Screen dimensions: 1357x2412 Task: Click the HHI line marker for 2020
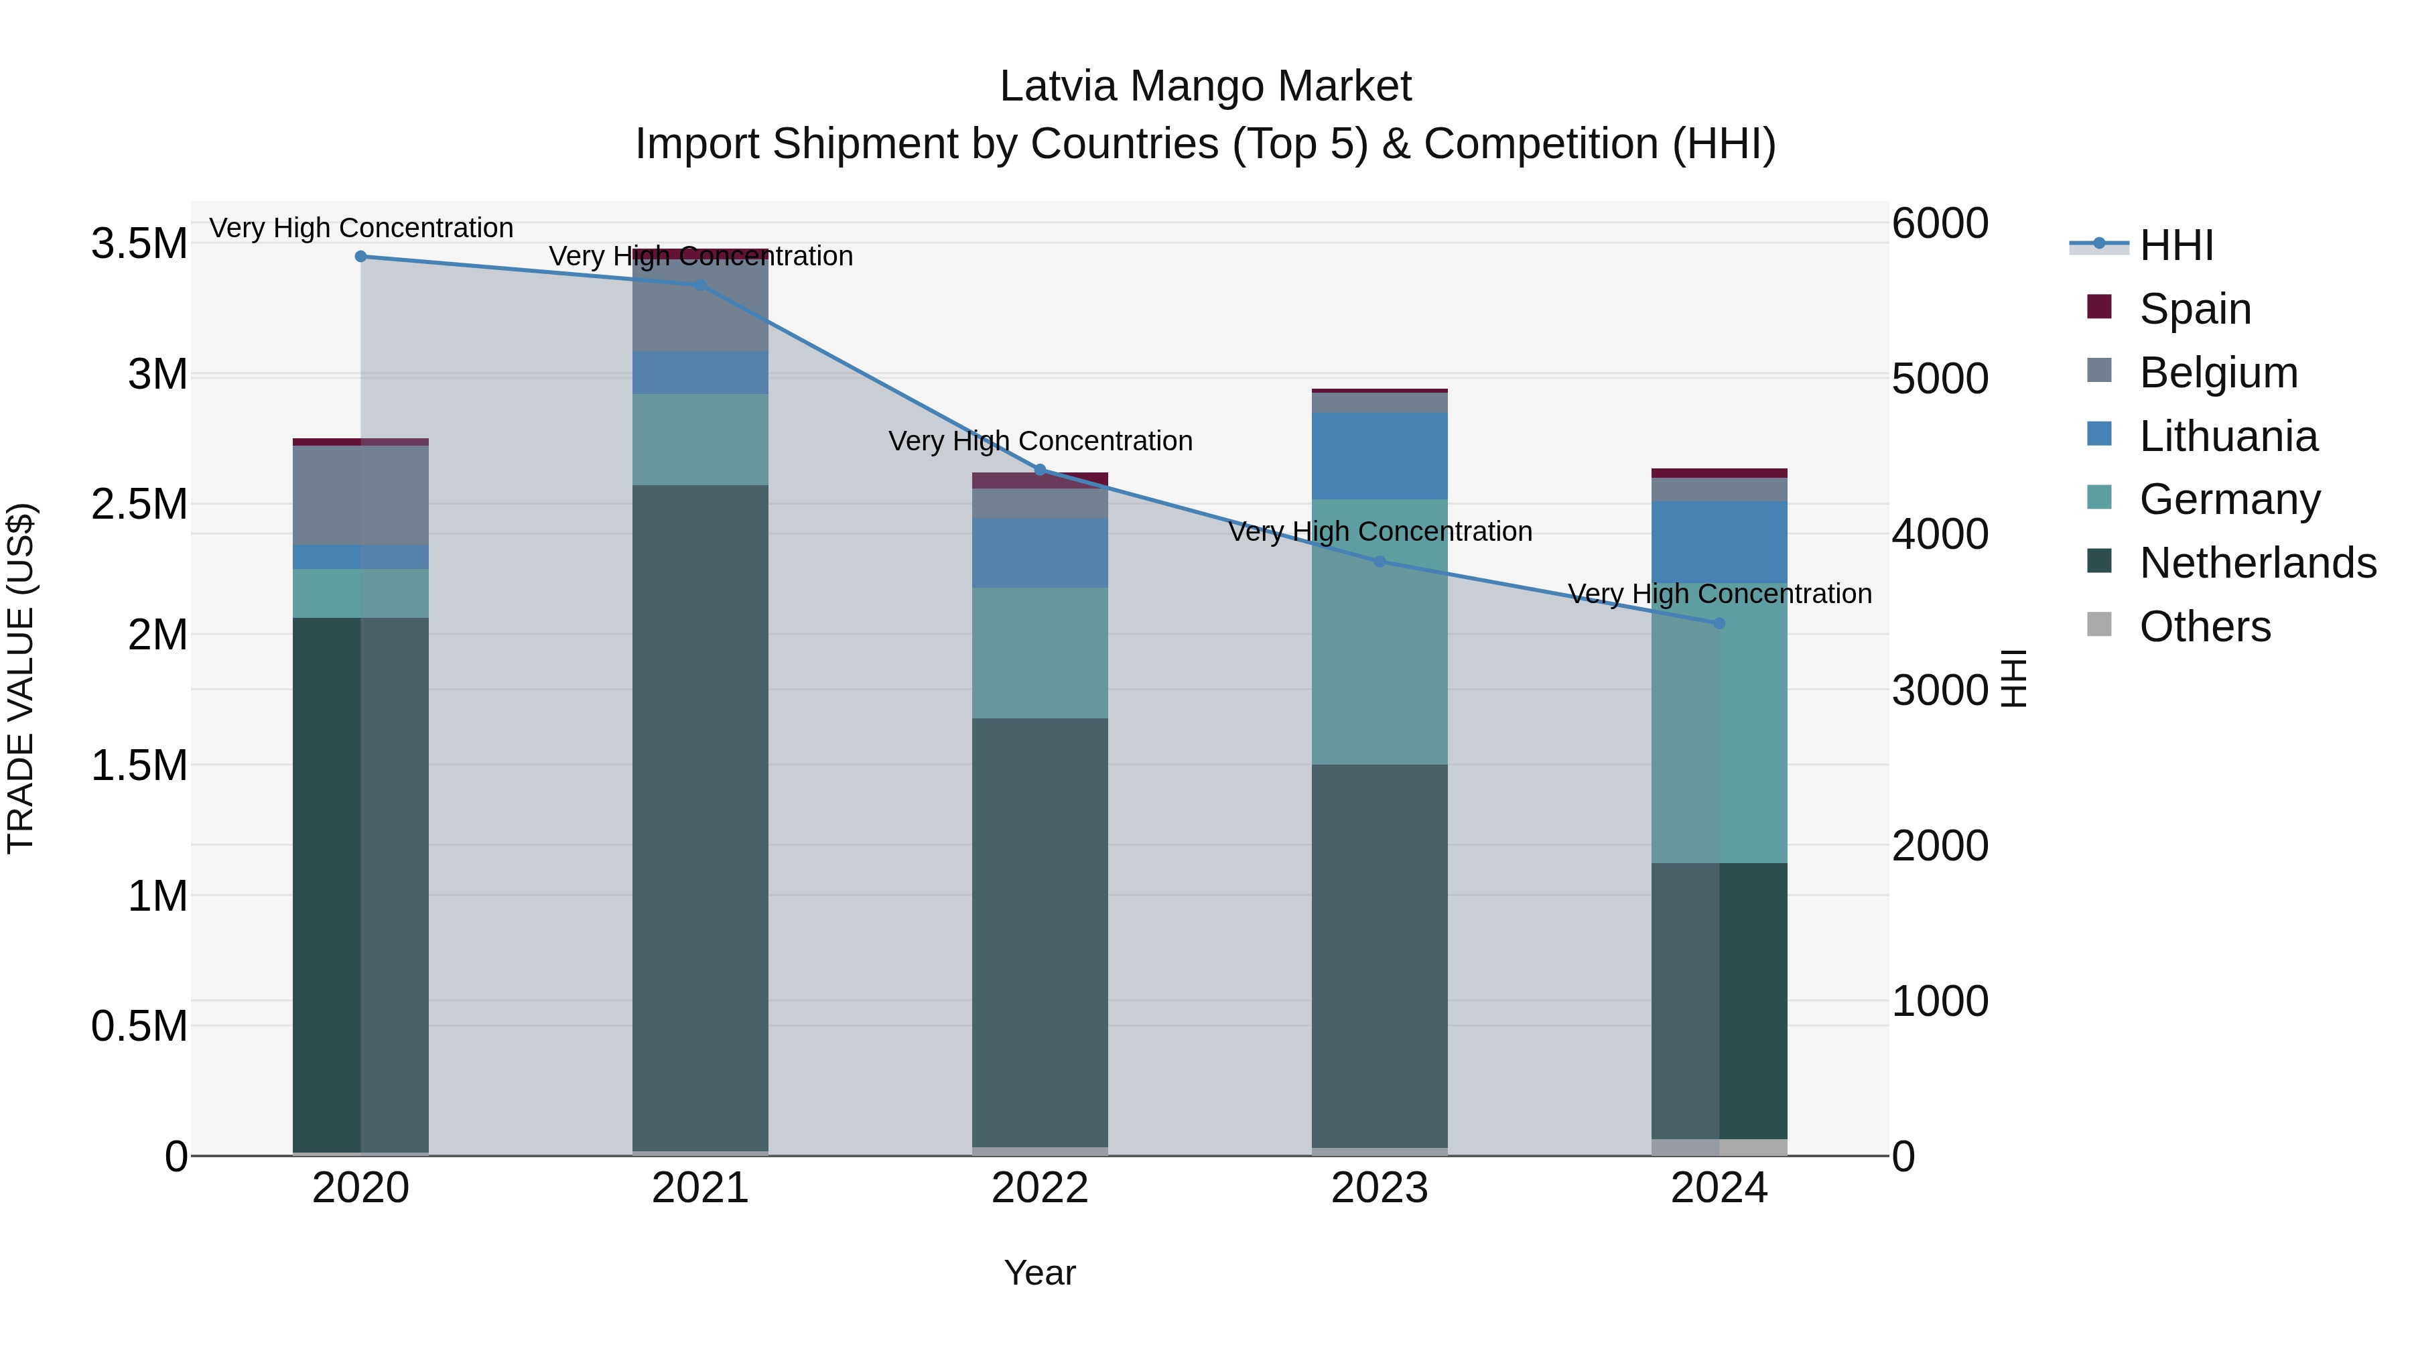(360, 257)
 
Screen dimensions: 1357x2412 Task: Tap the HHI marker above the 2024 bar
(1719, 623)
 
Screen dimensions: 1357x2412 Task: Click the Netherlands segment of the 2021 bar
(700, 815)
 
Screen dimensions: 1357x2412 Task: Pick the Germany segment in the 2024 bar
(1719, 721)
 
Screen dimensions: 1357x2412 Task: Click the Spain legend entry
(2195, 309)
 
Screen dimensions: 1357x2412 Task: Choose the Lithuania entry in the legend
(2228, 436)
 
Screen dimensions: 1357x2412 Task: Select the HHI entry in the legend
(2176, 245)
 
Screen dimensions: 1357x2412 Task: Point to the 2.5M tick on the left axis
(139, 505)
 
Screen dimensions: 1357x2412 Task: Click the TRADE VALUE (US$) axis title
(21, 678)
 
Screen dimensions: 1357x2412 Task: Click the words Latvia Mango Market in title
(1205, 86)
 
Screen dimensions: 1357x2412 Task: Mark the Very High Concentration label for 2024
(1719, 594)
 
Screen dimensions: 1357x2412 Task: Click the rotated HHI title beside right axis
(2013, 678)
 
